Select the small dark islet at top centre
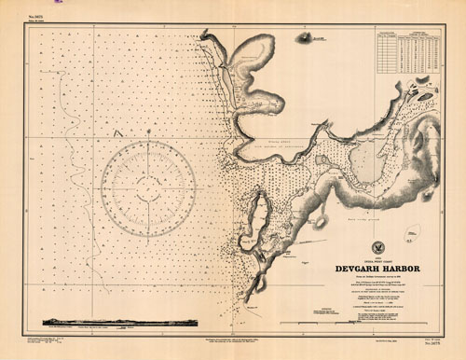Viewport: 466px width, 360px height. (305, 40)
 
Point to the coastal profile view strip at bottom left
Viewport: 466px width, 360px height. (120, 323)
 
